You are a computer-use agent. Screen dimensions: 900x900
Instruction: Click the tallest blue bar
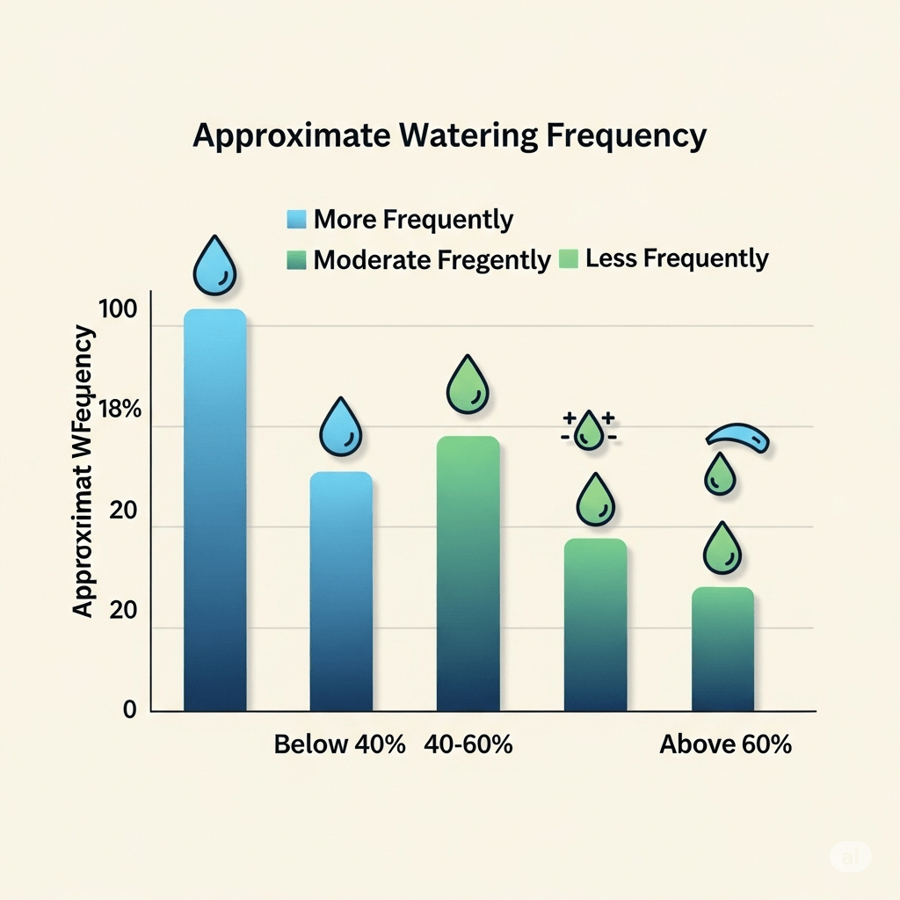tap(214, 510)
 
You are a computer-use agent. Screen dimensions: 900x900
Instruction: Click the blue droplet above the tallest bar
tap(214, 265)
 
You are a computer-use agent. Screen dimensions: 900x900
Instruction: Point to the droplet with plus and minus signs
tap(588, 431)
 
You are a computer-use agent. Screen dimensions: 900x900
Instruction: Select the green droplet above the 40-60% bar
tap(468, 385)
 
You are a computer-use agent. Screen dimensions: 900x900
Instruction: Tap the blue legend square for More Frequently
tap(296, 220)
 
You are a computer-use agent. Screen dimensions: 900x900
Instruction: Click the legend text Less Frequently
tap(676, 258)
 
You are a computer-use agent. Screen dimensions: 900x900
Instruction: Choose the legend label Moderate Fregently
tap(432, 260)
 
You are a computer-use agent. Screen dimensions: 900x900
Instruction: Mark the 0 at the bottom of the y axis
tap(130, 709)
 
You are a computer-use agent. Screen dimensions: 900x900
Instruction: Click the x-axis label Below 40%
tap(340, 744)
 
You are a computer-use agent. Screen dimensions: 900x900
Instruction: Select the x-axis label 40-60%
tap(468, 744)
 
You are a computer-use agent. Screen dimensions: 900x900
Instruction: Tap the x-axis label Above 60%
tap(725, 744)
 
